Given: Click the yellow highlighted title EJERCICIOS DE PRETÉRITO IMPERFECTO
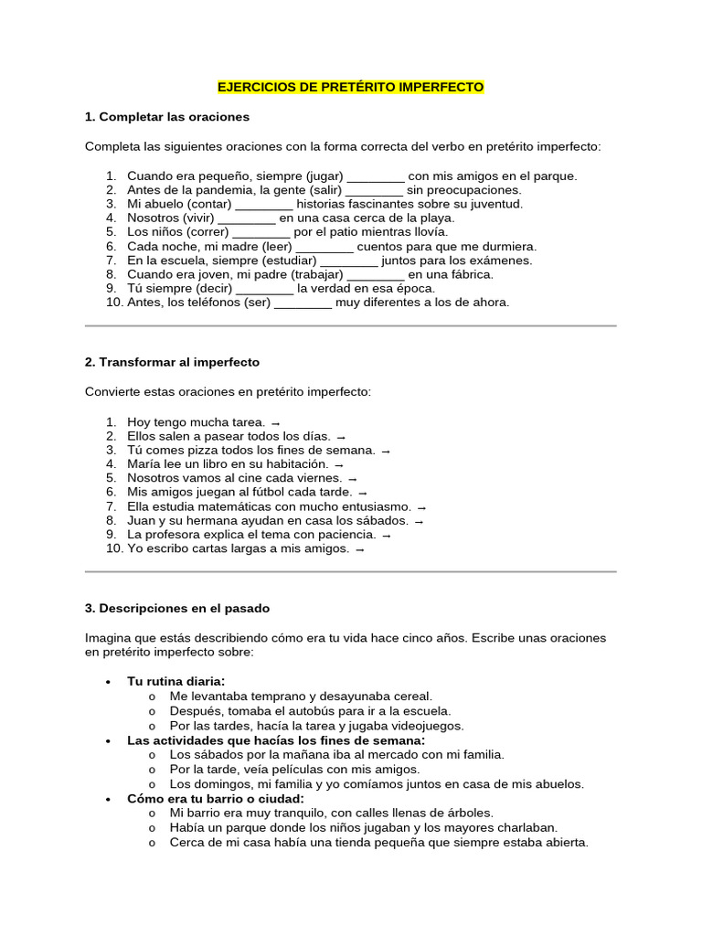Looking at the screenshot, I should point(350,88).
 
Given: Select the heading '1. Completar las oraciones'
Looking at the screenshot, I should point(166,117).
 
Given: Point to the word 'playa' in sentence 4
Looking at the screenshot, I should point(435,218).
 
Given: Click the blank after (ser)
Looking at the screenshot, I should point(303,303).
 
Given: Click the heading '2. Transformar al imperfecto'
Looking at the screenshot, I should point(172,362).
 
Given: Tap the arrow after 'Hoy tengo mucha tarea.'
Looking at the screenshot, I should point(275,422).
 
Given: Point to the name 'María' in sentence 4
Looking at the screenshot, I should point(144,464).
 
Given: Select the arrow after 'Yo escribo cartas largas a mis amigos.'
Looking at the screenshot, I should point(359,549).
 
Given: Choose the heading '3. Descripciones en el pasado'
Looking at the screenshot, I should point(176,608).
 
